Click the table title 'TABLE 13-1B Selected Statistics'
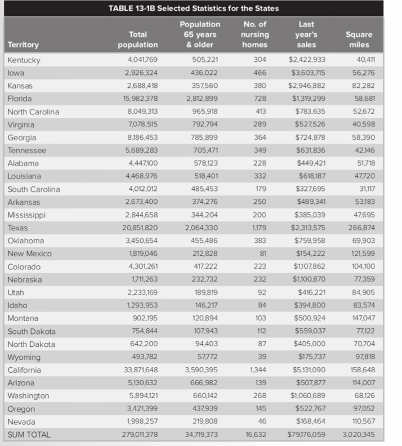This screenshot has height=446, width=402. click(193, 8)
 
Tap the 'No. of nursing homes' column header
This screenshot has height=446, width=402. click(255, 34)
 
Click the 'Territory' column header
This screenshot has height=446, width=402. click(23, 44)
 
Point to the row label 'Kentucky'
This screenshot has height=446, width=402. click(24, 60)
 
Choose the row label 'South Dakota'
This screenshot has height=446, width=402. click(32, 331)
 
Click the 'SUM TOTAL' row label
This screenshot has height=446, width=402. click(29, 435)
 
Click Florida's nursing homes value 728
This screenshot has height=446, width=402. click(259, 99)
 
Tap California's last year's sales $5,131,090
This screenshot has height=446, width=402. click(307, 370)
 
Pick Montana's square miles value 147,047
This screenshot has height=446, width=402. click(363, 318)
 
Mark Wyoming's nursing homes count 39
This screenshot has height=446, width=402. click(261, 357)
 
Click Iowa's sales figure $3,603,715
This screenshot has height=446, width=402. click(307, 73)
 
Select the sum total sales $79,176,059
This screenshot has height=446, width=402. click(306, 435)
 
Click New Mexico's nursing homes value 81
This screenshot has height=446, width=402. click(262, 254)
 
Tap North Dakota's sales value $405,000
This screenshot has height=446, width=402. click(310, 344)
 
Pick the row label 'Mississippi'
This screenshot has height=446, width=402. click(26, 215)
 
